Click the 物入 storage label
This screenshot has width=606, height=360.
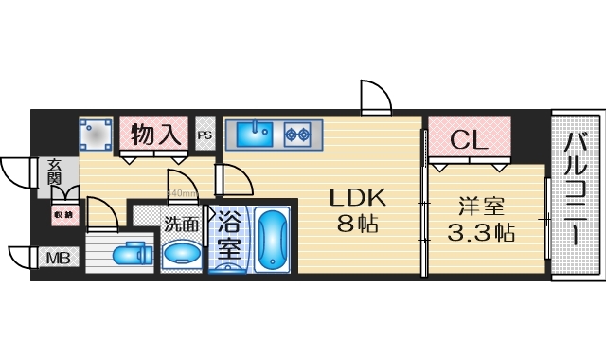(x=156, y=135)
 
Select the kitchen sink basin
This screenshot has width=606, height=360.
(x=252, y=135)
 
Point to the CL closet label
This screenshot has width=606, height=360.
(x=469, y=140)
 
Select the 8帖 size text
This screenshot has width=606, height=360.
(x=358, y=225)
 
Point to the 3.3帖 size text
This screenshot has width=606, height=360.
(x=482, y=232)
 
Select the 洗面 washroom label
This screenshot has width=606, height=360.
(x=181, y=225)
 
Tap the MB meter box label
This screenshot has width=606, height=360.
(x=57, y=257)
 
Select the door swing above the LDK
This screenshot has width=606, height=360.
(x=375, y=97)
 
